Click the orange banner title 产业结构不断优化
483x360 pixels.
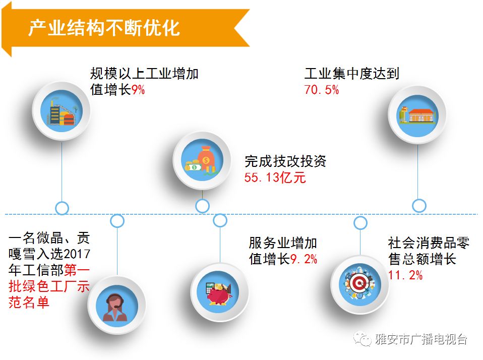pos(103,28)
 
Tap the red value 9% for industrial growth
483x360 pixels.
pos(138,91)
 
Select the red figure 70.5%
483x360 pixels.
pos(322,90)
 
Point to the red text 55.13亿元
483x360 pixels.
pos(275,178)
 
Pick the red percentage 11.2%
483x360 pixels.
pos(405,275)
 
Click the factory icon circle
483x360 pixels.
pos(61,109)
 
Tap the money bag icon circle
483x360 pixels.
pos(202,160)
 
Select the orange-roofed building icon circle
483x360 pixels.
pos(417,114)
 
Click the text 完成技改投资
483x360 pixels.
pos(285,161)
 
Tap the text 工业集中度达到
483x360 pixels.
pos(351,74)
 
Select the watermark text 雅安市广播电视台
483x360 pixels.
pos(421,339)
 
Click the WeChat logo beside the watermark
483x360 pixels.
pos(361,339)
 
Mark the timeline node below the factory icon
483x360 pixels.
pos(62,207)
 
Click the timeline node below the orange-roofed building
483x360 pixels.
pos(419,206)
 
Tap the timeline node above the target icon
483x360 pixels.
pos(360,223)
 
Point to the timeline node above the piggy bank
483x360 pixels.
pos(220,220)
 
